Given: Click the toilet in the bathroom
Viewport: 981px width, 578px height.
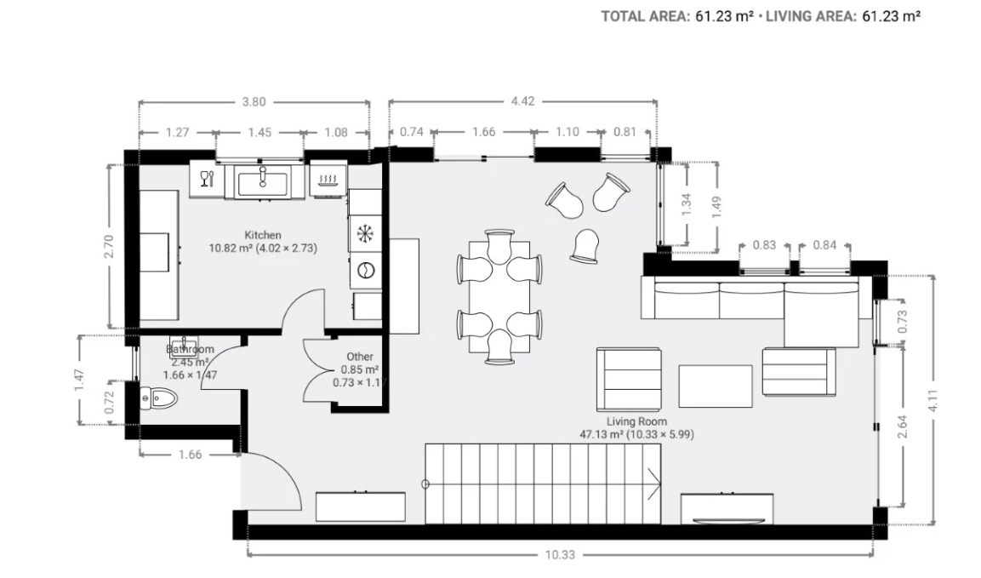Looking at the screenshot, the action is pyautogui.click(x=159, y=398).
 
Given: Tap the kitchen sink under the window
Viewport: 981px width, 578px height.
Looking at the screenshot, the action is pyautogui.click(x=263, y=181).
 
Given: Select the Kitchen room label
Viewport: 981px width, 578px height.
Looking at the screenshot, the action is pyautogui.click(x=263, y=235).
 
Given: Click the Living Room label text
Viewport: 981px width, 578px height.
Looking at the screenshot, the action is pyautogui.click(x=636, y=421).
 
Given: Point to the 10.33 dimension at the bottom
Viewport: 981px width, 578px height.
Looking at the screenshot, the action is pyautogui.click(x=560, y=555).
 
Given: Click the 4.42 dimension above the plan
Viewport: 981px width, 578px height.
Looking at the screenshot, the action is pyautogui.click(x=522, y=101).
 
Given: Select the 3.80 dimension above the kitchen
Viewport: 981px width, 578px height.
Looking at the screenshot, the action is pyautogui.click(x=254, y=101).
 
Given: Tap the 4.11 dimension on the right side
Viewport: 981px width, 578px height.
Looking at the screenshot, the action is pyautogui.click(x=933, y=400).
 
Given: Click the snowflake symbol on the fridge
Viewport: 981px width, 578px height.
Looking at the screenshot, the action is pyautogui.click(x=365, y=233).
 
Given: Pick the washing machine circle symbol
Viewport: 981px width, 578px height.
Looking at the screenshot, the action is pyautogui.click(x=365, y=271).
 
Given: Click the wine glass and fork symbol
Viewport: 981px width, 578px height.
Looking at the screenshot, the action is pyautogui.click(x=207, y=179).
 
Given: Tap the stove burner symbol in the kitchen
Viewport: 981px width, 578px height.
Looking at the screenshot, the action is pyautogui.click(x=328, y=180).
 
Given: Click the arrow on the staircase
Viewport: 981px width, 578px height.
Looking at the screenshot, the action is pyautogui.click(x=653, y=484).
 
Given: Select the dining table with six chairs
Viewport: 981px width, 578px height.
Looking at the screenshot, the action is pyautogui.click(x=499, y=296).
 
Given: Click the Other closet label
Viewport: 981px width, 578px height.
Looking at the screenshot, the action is pyautogui.click(x=360, y=357).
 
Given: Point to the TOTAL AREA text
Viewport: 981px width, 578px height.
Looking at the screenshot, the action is pyautogui.click(x=645, y=16).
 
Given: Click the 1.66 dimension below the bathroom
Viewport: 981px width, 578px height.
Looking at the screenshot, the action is pyautogui.click(x=191, y=455).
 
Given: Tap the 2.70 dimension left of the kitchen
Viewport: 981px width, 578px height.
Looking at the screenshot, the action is pyautogui.click(x=109, y=246).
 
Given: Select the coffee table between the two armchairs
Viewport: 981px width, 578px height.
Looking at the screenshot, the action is pyautogui.click(x=715, y=386).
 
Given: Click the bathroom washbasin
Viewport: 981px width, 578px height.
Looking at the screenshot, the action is pyautogui.click(x=184, y=346).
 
